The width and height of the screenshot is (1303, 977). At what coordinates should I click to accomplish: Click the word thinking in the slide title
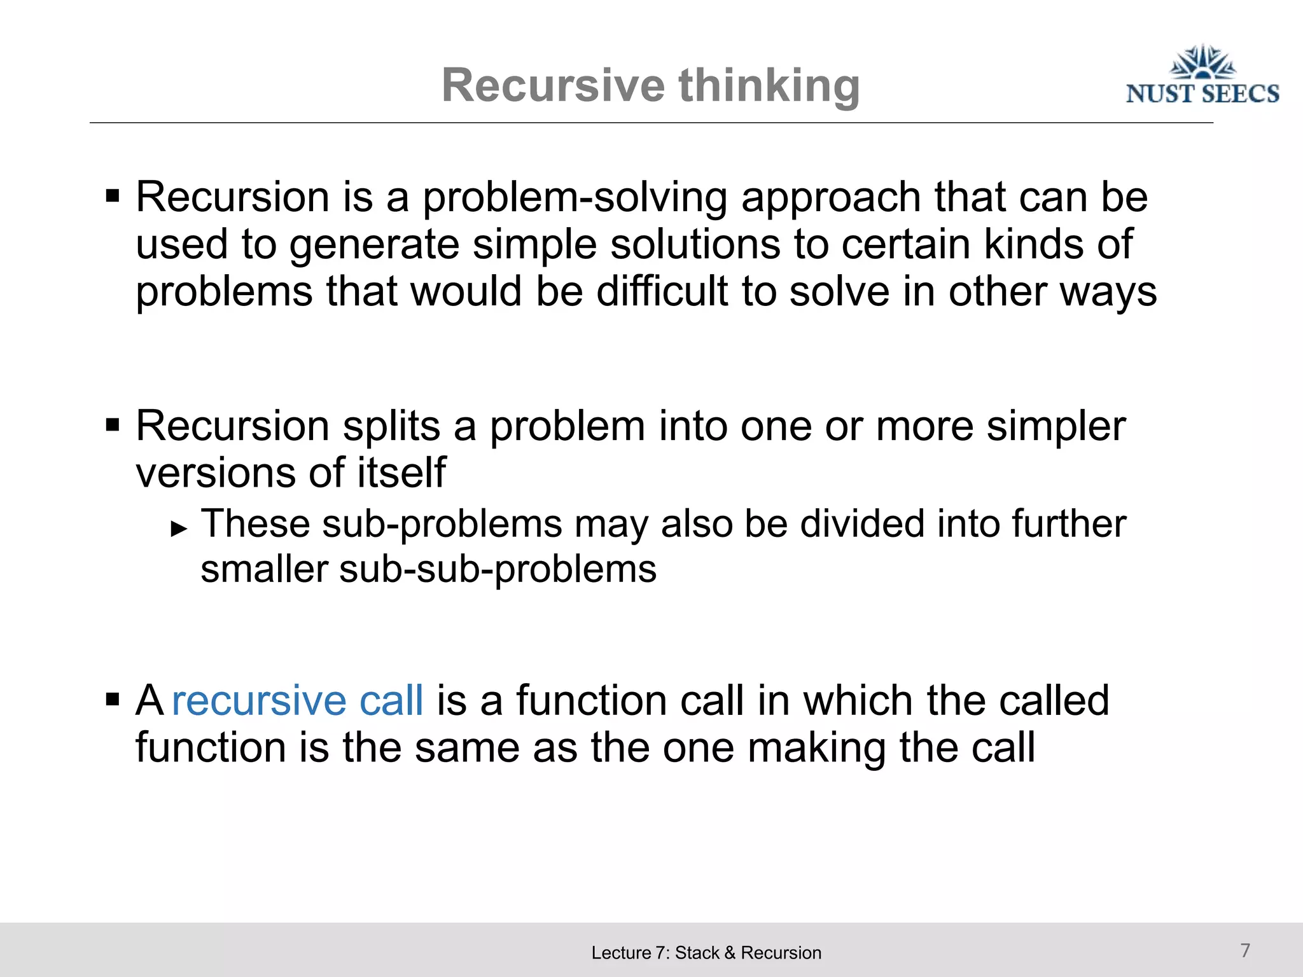769,86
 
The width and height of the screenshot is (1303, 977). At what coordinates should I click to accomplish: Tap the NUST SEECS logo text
1202,94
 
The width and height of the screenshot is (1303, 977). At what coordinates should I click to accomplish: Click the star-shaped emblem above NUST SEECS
1202,62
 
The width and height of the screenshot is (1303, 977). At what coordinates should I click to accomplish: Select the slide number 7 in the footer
1245,950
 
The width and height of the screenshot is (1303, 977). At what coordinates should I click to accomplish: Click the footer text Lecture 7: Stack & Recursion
706,953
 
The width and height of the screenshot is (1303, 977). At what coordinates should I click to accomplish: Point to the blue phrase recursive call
297,700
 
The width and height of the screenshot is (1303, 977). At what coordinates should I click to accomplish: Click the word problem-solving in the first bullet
575,197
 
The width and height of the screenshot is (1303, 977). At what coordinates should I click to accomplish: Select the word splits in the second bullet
391,426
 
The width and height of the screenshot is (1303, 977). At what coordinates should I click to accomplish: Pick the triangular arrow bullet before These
179,528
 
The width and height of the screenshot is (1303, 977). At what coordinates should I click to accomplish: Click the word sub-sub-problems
498,569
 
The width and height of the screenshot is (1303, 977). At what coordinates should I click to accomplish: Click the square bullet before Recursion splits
113,424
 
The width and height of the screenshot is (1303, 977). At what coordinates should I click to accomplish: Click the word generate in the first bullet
374,245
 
